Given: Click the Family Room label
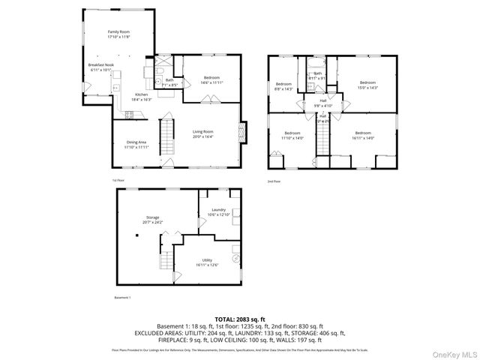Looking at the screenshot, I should click(x=118, y=34).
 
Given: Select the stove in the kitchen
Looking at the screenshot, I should click(x=128, y=115).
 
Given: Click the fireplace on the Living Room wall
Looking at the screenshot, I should click(x=241, y=133).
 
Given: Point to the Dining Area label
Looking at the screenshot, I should click(x=136, y=144).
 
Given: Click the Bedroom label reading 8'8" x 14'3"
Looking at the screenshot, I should click(x=283, y=85).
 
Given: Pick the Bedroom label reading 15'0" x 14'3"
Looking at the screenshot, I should click(x=367, y=85).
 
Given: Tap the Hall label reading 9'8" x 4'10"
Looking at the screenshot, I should click(x=322, y=103).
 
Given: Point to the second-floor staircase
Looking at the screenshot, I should click(x=322, y=139).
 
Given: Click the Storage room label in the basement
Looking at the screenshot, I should click(x=152, y=220).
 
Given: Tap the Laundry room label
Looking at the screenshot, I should click(x=218, y=213).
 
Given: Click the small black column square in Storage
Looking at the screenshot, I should click(x=137, y=235).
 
